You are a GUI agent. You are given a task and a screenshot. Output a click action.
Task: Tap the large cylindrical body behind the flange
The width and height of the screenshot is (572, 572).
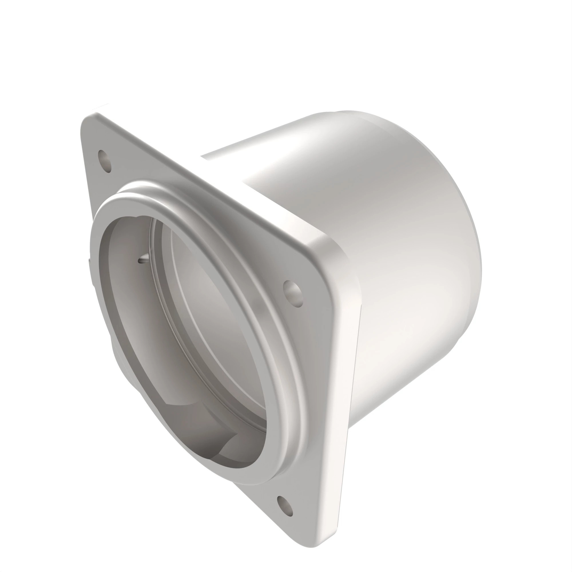tap(400, 267)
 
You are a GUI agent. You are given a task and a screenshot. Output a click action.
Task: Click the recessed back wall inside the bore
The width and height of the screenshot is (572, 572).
tap(207, 296)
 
